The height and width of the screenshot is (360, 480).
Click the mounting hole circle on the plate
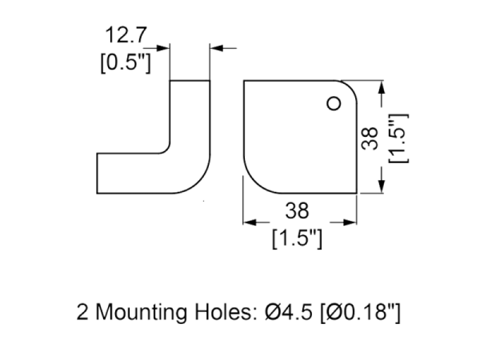pyautogui.click(x=333, y=102)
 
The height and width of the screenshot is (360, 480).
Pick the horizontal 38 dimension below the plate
pyautogui.click(x=297, y=210)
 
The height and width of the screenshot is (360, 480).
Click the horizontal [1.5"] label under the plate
pyautogui.click(x=297, y=238)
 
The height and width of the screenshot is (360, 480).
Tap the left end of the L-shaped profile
pyautogui.click(x=97, y=172)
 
